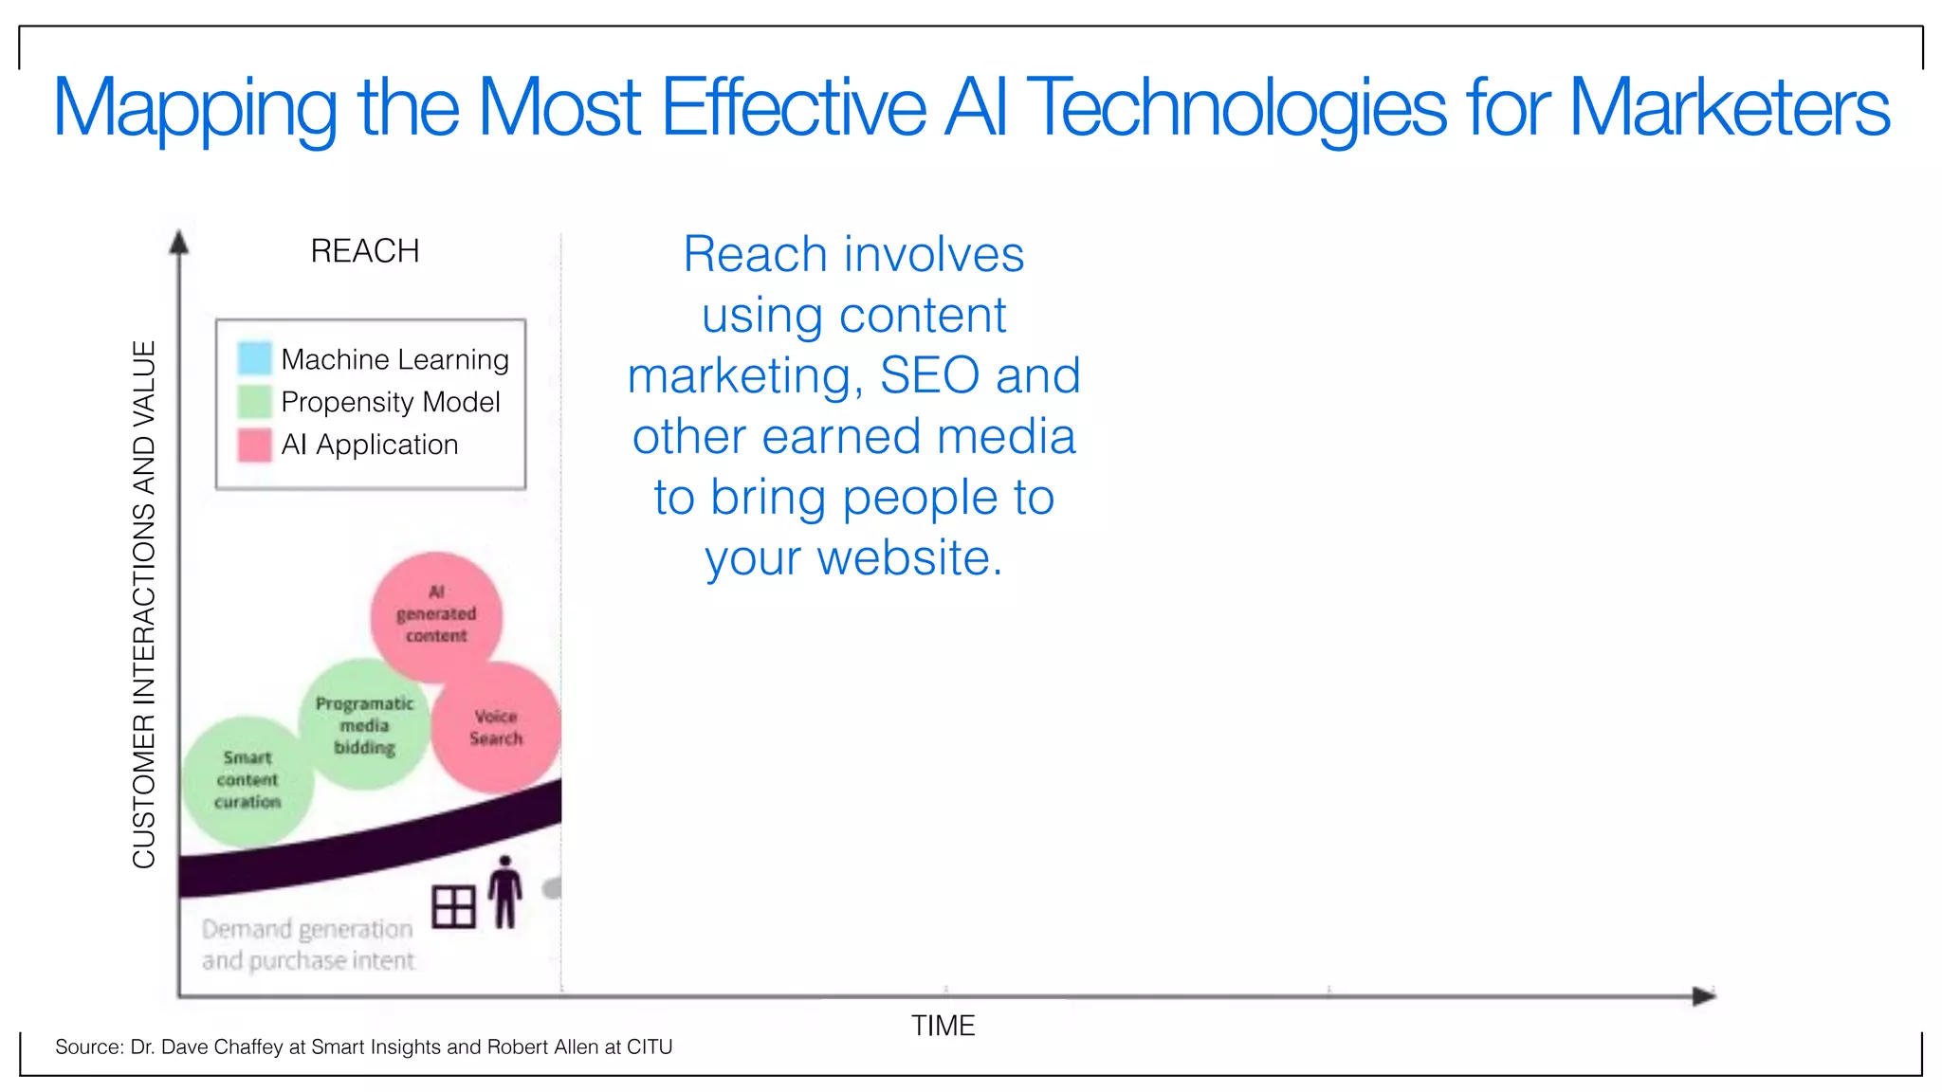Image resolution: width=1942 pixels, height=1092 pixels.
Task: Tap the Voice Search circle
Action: click(496, 728)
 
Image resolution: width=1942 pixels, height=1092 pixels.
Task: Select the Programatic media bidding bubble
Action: click(364, 725)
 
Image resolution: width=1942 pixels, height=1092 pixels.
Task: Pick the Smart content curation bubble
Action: click(247, 780)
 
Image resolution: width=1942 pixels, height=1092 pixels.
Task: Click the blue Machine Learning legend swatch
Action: click(254, 358)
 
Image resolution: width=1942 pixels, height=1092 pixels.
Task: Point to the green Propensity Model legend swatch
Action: click(254, 401)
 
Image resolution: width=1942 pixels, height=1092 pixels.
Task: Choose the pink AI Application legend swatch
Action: click(254, 445)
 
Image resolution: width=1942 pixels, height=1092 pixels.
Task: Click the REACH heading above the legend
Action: click(364, 251)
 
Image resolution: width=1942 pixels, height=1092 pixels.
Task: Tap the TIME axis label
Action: click(943, 1026)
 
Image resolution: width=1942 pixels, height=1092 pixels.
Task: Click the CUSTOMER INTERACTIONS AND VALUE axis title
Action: click(144, 604)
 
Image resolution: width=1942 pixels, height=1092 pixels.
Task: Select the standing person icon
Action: click(505, 892)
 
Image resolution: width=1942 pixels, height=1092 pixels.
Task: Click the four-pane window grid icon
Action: click(453, 906)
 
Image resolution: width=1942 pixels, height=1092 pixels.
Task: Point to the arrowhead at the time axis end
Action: click(1704, 995)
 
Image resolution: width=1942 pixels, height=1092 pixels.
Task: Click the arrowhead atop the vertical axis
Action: click(178, 243)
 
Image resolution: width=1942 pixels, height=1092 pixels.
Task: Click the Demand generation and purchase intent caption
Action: click(308, 944)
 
